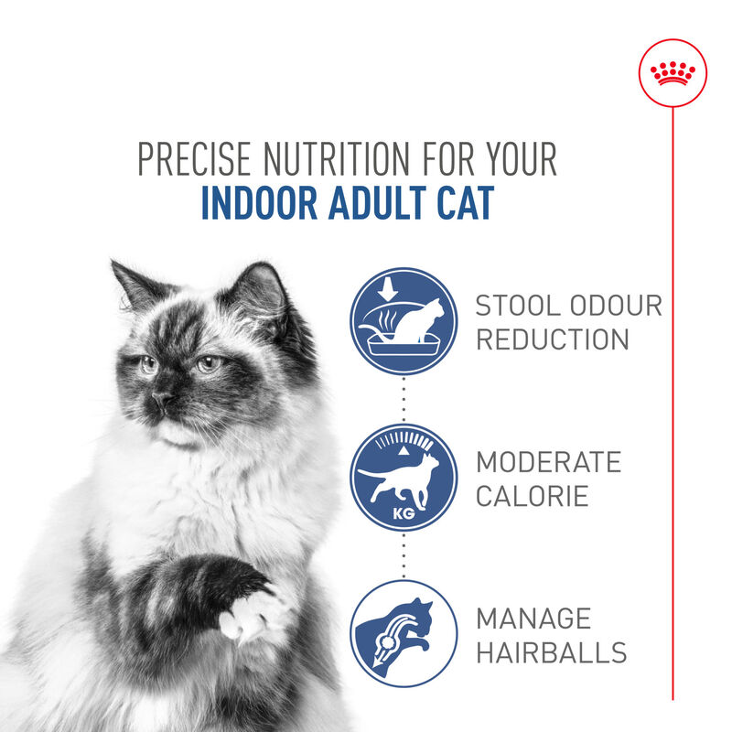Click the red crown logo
click(673, 73)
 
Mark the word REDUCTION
click(552, 339)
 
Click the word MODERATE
click(548, 462)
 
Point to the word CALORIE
click(532, 497)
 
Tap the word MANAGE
click(533, 619)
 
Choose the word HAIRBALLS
click(551, 653)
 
